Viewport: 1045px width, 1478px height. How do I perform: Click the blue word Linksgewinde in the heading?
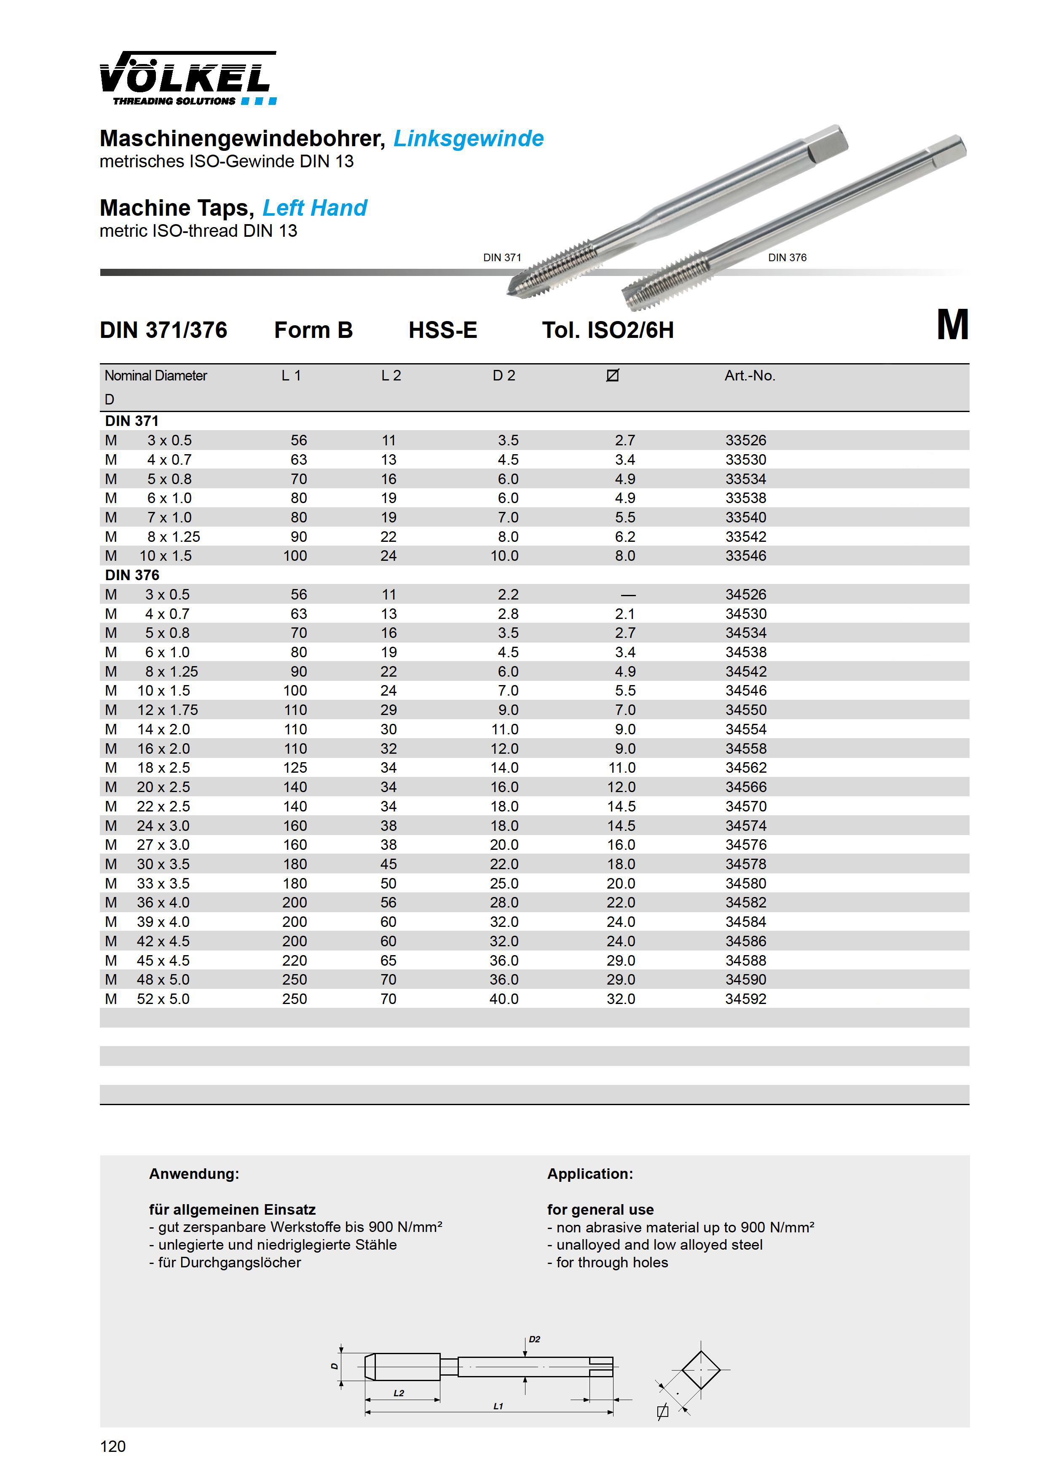pyautogui.click(x=468, y=138)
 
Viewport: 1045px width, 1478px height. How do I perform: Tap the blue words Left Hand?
pyautogui.click(x=315, y=208)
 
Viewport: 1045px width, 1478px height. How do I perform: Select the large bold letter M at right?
pyautogui.click(x=952, y=325)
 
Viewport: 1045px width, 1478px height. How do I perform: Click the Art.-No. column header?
pyautogui.click(x=750, y=376)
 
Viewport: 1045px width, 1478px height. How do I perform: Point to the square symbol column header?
pyautogui.click(x=612, y=375)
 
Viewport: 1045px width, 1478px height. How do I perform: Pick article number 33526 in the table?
pyautogui.click(x=745, y=440)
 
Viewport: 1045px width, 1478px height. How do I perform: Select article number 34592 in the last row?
pyautogui.click(x=745, y=999)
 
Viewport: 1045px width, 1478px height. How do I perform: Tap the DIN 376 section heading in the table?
pyautogui.click(x=132, y=575)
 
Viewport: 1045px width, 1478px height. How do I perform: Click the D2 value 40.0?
pyautogui.click(x=504, y=999)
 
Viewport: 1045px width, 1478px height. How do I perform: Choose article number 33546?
pyautogui.click(x=745, y=556)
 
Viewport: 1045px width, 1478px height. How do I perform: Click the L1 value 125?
pyautogui.click(x=295, y=768)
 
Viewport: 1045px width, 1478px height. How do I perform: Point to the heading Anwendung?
pyautogui.click(x=194, y=1173)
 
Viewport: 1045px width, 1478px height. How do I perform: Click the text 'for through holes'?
pyautogui.click(x=612, y=1262)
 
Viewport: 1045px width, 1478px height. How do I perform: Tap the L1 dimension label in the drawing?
pyautogui.click(x=498, y=1406)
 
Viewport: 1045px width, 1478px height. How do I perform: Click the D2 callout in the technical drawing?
pyautogui.click(x=534, y=1340)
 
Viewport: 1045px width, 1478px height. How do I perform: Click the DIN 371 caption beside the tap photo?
pyautogui.click(x=502, y=257)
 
